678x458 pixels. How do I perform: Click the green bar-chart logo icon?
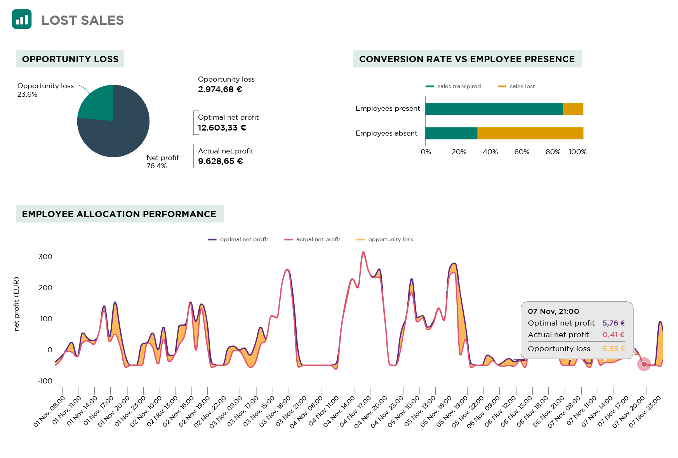22,19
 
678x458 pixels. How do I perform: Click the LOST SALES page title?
82,20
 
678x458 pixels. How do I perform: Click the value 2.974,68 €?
220,89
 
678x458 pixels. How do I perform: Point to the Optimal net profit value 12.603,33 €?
222,128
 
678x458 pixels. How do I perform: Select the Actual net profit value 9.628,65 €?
220,161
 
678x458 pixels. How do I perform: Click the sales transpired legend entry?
454,86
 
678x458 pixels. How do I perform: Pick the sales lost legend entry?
517,86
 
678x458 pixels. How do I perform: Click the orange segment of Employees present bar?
573,109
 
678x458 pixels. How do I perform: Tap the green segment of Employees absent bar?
451,133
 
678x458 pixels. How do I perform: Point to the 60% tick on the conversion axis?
522,152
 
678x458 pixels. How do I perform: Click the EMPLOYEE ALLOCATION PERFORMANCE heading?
119,214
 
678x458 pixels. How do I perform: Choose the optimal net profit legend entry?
238,239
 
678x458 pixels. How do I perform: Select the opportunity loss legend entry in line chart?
385,239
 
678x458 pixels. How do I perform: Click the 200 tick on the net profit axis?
45,288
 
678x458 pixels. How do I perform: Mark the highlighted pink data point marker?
644,364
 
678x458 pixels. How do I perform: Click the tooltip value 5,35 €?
614,349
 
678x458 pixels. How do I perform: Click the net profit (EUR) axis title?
16,304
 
